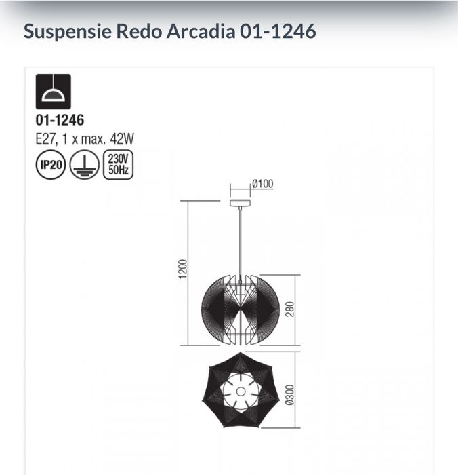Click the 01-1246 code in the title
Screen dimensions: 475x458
pos(278,31)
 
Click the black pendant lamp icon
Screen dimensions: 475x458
pos(53,92)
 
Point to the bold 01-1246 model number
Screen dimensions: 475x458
pos(60,121)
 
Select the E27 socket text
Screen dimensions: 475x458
pos(46,138)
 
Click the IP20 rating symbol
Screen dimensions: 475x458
pos(50,166)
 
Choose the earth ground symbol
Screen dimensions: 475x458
pos(83,166)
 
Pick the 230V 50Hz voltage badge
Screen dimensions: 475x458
pos(117,166)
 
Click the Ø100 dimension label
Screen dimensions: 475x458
pos(262,184)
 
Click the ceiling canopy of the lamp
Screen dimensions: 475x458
pos(240,203)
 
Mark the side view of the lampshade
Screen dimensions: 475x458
pos(240,310)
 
